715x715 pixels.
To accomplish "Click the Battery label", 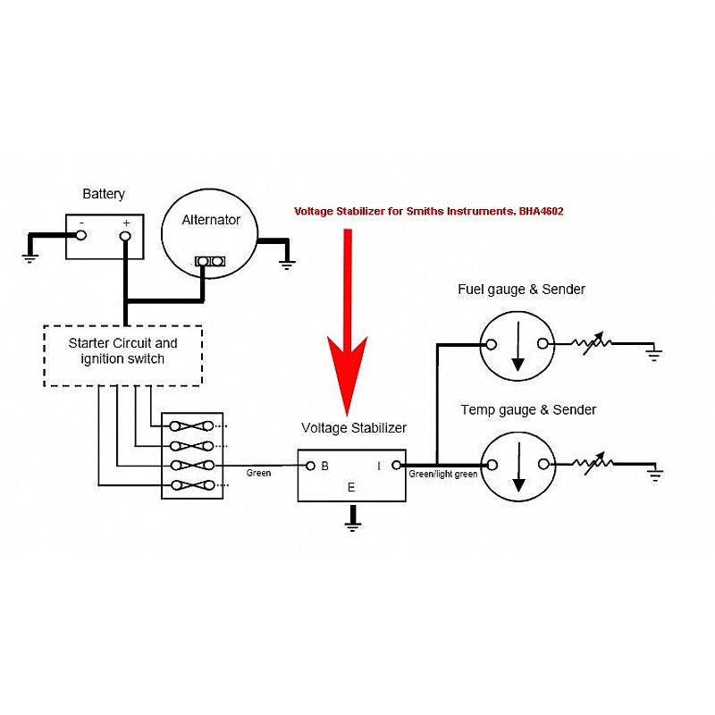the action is (x=104, y=194).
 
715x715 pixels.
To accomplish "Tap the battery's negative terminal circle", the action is (x=81, y=235).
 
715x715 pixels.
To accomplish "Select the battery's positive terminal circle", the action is (x=125, y=236).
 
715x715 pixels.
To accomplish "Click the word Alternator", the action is (x=211, y=220).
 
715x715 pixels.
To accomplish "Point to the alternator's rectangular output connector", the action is (x=210, y=261).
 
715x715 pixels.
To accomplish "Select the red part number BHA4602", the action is (x=541, y=211).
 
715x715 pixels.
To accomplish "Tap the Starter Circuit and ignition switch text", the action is (x=122, y=350).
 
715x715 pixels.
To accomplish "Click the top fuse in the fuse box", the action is (x=191, y=426).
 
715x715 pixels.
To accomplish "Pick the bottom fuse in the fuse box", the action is (x=191, y=485).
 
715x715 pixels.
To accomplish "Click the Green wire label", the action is (x=258, y=474).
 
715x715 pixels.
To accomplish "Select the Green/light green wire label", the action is (x=442, y=475).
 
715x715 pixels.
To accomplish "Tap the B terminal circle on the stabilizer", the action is (x=310, y=466).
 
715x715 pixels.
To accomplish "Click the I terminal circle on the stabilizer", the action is (x=396, y=465).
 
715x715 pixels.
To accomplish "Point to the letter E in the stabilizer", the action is (x=351, y=487).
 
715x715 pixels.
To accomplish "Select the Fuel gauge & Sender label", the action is (x=521, y=290).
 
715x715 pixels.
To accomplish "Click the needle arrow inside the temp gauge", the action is (x=519, y=467).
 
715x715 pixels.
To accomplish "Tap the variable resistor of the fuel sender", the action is (x=592, y=343).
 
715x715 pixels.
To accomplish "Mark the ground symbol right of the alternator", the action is (x=287, y=264).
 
